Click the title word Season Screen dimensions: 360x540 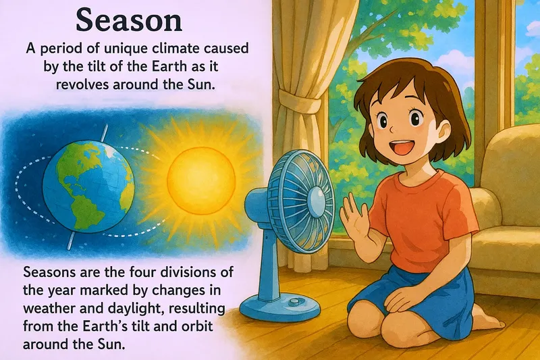point(128,20)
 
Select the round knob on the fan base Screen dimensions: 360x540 point(294,303)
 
